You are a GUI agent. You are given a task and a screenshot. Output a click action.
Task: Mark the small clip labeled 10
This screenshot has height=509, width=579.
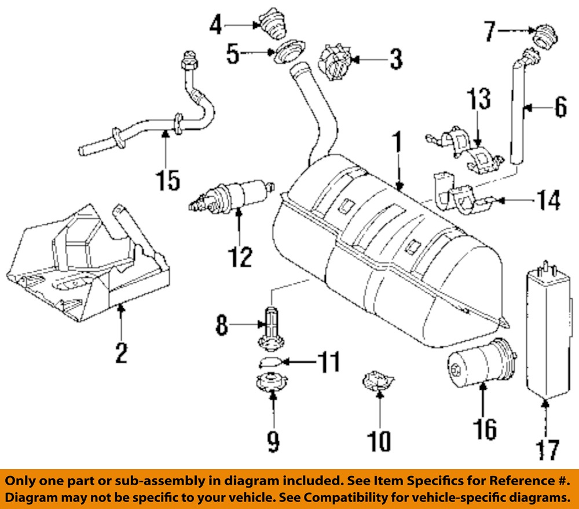click(375, 382)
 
